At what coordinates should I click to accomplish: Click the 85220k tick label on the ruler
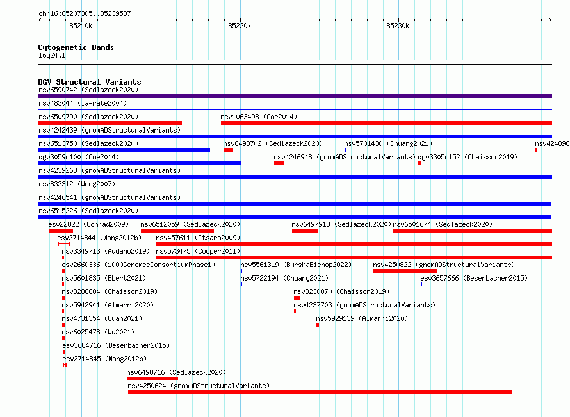pos(240,26)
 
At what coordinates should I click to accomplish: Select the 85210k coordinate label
pos(81,26)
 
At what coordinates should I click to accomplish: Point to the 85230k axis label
pos(398,26)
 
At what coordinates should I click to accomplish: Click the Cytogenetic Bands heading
pos(76,47)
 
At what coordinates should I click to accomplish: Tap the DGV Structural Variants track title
pos(90,82)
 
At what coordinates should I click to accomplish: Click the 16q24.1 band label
pos(52,55)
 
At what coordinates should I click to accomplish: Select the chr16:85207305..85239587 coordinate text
pos(85,13)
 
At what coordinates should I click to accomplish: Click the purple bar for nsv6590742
pos(295,96)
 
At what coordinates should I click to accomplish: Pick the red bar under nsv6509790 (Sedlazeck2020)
pos(110,123)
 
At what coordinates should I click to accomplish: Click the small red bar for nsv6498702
pos(228,150)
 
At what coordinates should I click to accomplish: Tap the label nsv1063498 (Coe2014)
pos(259,117)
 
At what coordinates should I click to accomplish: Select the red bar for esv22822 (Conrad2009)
pos(61,231)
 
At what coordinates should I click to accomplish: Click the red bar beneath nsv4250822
pos(405,271)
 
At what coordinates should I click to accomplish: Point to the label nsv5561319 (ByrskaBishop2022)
pos(296,265)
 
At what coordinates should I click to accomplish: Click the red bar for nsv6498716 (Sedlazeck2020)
pos(152,379)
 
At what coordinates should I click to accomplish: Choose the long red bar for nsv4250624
pos(320,392)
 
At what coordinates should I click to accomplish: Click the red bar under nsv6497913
pos(305,231)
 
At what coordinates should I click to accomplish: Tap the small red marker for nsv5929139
pos(318,325)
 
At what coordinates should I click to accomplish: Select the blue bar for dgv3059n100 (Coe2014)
pos(139,163)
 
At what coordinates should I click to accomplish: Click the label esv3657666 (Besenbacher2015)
pos(474,278)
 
